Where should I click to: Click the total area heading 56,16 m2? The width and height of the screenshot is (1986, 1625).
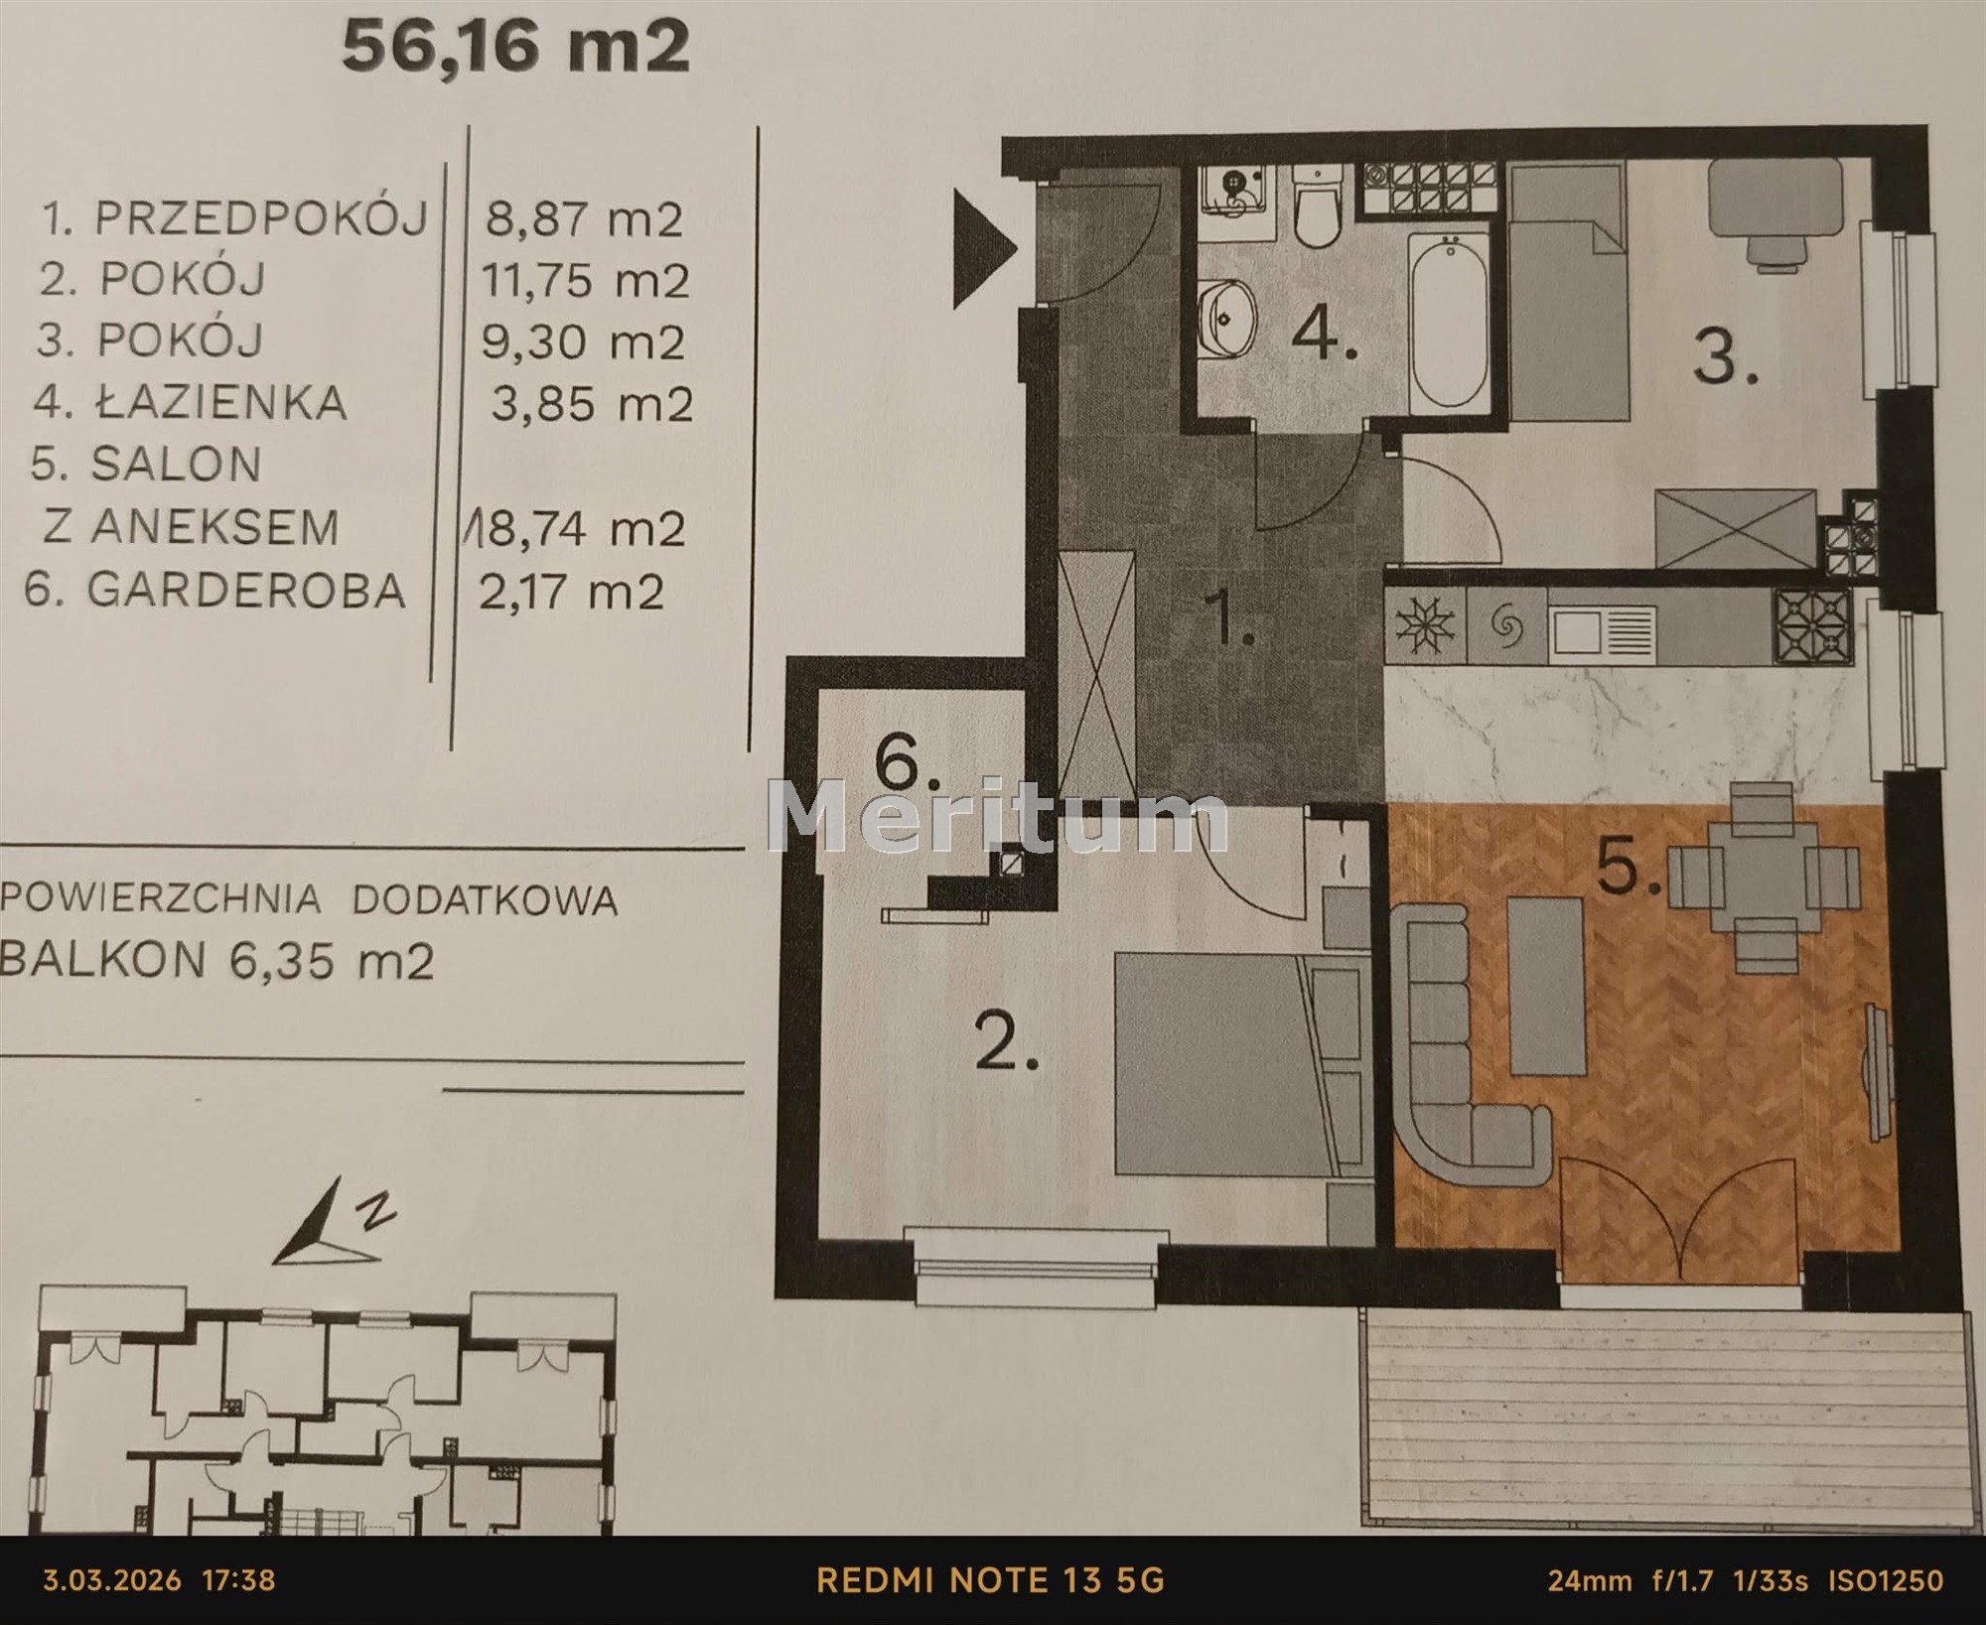coord(516,48)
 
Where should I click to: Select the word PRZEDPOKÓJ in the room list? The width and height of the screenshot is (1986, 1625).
coord(261,217)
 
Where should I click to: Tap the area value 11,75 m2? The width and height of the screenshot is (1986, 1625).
coord(585,280)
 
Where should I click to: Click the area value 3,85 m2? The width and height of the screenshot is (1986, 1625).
coord(592,404)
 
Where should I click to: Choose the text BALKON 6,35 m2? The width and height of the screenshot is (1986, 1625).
coord(217,960)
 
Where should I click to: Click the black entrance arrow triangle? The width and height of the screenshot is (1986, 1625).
coord(984,249)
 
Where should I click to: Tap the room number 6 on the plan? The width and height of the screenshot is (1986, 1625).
coord(905,764)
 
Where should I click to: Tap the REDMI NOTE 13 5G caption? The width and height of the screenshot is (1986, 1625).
coord(991,1579)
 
